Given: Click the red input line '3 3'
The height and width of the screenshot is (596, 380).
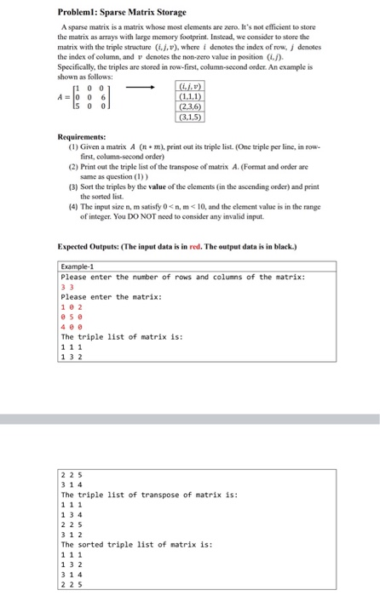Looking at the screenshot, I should pyautogui.click(x=66, y=287).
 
